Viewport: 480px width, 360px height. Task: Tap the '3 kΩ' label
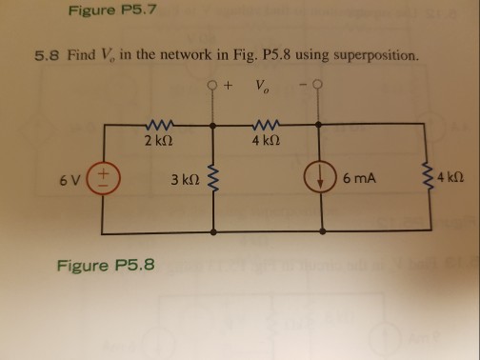pos(182,179)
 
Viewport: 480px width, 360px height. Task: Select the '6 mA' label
pos(363,179)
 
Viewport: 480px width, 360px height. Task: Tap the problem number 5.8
pos(47,55)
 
